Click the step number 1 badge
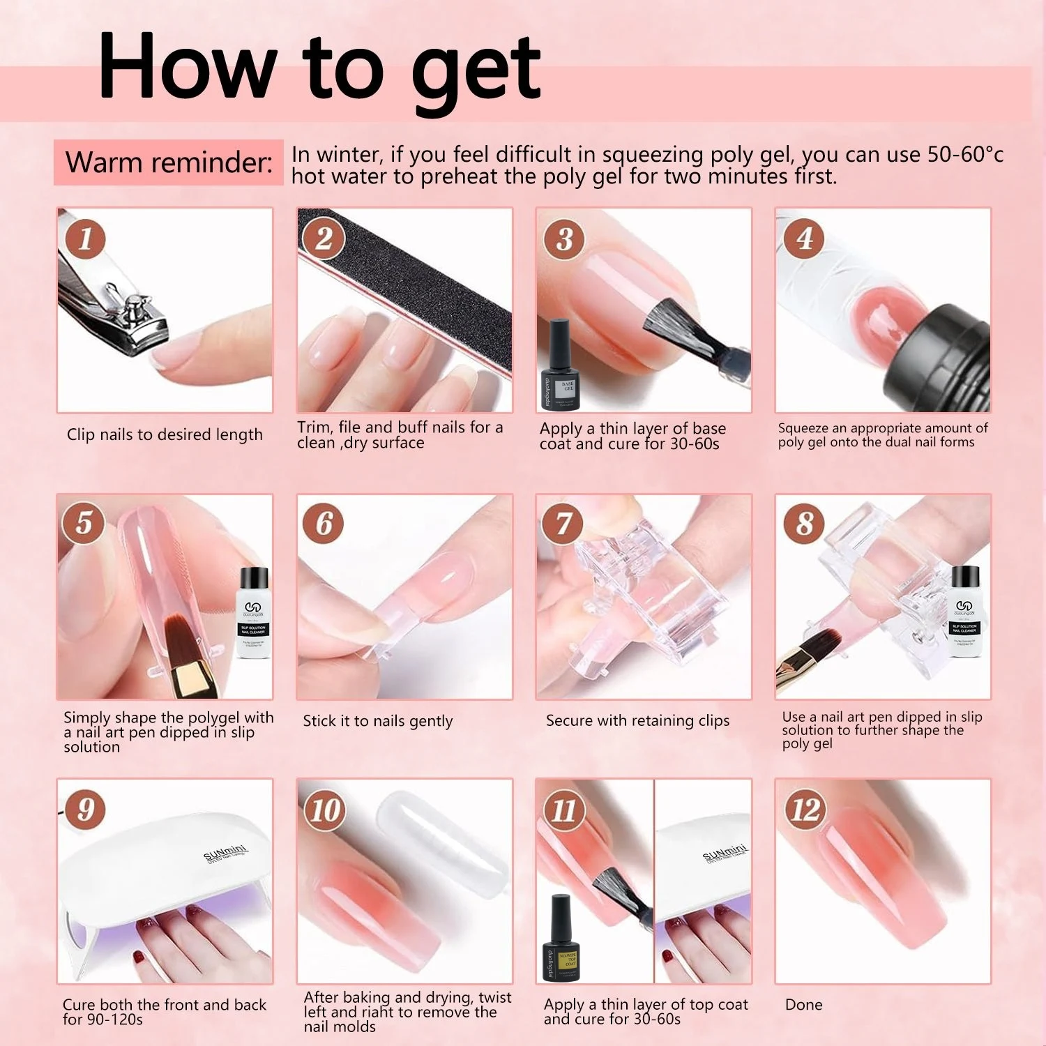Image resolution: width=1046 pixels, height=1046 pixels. click(86, 238)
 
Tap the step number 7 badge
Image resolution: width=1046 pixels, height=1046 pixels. click(563, 524)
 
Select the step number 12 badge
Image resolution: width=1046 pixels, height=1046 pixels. click(805, 810)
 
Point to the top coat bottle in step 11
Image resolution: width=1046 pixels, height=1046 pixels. click(561, 938)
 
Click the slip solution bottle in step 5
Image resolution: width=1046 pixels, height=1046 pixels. click(253, 614)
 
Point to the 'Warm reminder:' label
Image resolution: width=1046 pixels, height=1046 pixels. click(169, 162)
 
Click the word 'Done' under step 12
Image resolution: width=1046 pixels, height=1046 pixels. click(803, 1004)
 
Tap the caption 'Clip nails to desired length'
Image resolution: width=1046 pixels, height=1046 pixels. click(165, 434)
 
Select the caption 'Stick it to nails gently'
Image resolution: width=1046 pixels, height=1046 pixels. click(377, 721)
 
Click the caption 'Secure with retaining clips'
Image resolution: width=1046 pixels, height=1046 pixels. click(637, 720)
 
